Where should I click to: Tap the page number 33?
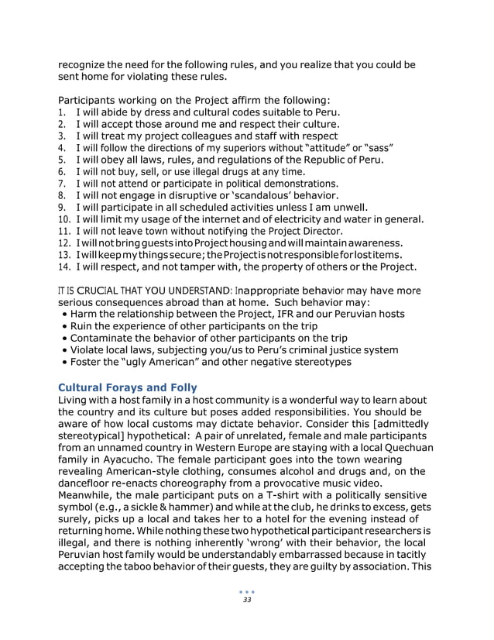coord(247,600)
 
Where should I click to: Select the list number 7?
coord(63,184)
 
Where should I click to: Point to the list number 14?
coord(65,267)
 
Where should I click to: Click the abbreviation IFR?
coord(310,314)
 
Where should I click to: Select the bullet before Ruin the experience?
coord(63,326)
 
